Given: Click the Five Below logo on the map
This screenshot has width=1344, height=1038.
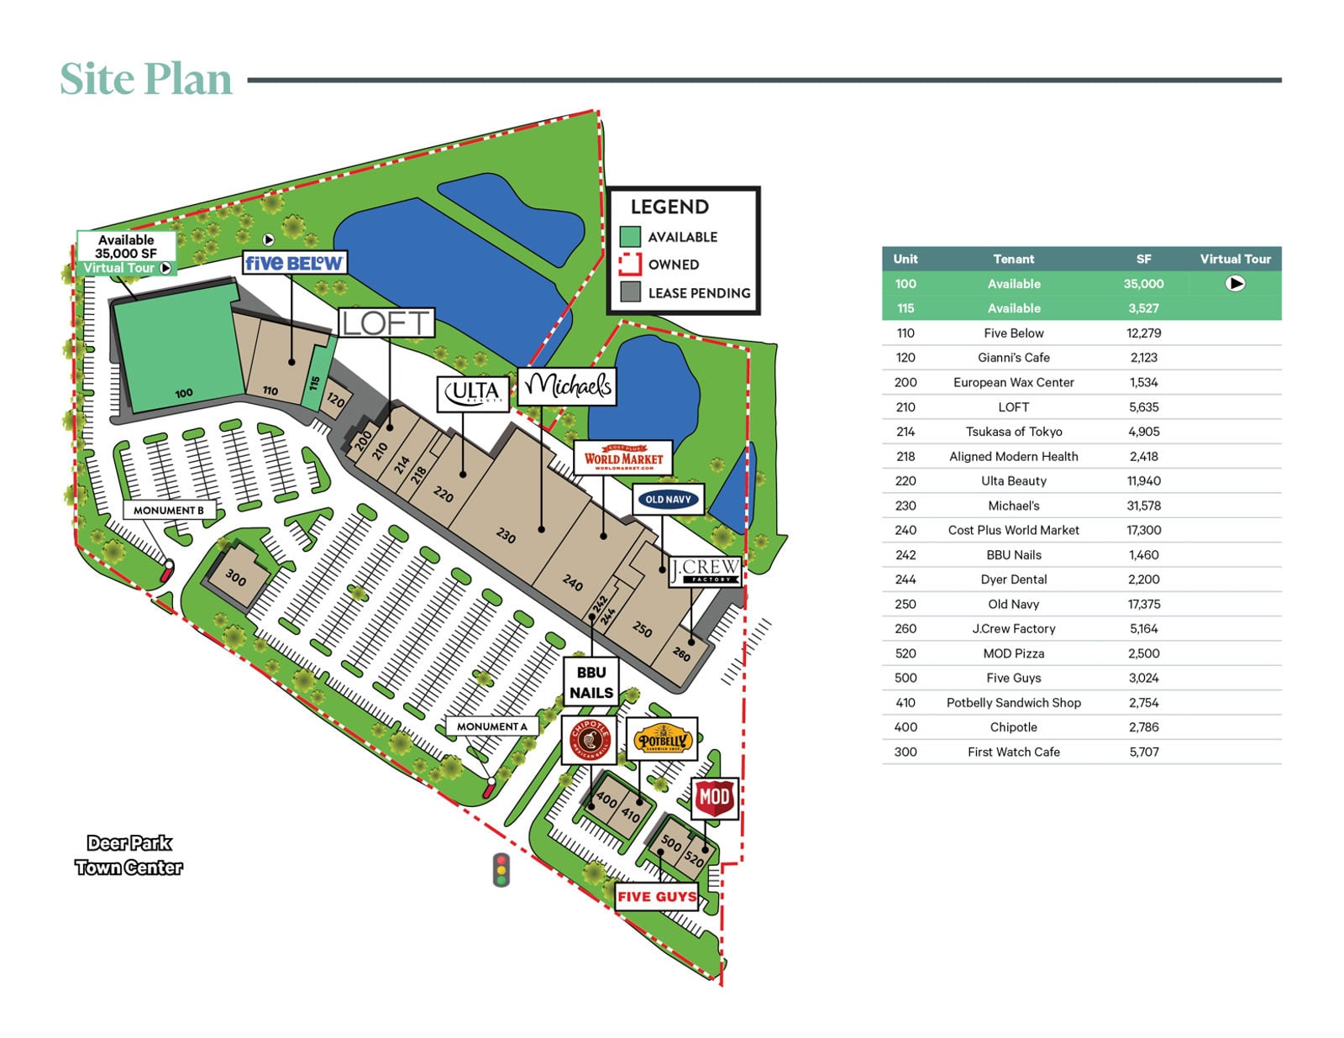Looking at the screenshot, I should tap(293, 263).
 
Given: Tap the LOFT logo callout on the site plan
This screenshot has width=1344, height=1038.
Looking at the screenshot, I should tap(386, 322).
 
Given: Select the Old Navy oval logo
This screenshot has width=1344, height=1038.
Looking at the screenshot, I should tap(668, 500).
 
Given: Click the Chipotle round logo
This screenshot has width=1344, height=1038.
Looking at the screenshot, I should tap(589, 739).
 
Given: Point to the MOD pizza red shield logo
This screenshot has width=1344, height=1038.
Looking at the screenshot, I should tap(714, 797).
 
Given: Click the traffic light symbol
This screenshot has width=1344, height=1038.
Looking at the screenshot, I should tap(501, 869).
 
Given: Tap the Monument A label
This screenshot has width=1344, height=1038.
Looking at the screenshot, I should tap(491, 726).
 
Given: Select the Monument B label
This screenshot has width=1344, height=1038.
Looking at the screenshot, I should tap(169, 510).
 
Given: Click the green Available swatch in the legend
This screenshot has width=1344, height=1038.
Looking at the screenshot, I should tap(630, 237).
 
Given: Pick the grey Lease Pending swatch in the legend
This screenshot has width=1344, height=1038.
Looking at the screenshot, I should tap(630, 292).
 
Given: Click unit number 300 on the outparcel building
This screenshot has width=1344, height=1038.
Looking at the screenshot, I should tap(236, 577).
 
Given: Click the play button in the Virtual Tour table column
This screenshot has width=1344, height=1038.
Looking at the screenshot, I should tap(1235, 284).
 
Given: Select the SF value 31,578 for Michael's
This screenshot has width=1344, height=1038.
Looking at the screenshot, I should tap(1143, 506).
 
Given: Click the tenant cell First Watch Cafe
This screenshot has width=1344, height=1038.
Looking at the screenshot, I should tap(1013, 752).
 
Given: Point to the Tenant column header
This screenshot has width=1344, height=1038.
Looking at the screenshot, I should tap(1013, 259).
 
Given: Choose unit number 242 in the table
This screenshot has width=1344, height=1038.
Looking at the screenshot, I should tap(905, 555).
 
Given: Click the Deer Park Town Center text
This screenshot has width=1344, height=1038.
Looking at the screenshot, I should tap(129, 855).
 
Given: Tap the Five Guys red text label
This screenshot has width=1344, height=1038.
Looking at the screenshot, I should tap(657, 896).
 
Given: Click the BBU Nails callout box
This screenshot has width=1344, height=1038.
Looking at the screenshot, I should tap(591, 682).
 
